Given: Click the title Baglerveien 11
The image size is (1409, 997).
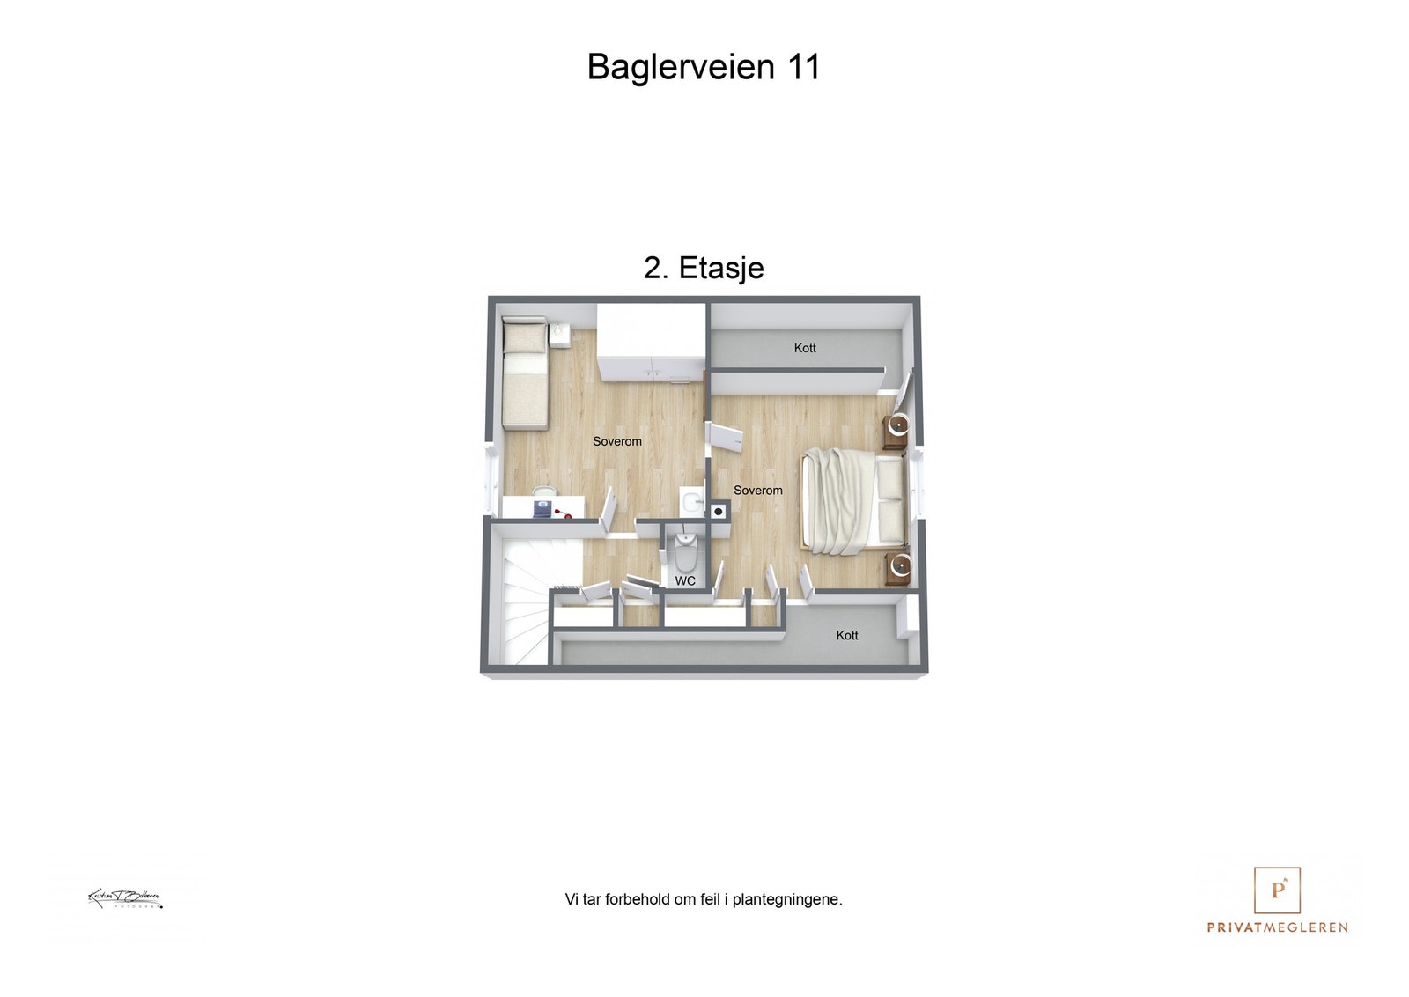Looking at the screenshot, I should point(704,67).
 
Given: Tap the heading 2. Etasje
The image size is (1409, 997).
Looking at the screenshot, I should point(704,268).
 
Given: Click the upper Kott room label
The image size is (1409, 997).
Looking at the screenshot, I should point(805,348).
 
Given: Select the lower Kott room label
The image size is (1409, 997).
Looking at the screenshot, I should point(846,635).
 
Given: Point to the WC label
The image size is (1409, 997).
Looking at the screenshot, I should point(685,581).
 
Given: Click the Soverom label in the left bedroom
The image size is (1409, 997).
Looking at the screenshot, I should point(616,441).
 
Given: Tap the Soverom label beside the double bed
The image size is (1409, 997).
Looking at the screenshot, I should point(757,491).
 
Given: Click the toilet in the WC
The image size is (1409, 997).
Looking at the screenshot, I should point(685,552).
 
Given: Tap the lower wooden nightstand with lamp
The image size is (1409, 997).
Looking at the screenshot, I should point(896,566).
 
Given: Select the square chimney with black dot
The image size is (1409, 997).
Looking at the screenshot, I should point(719,512).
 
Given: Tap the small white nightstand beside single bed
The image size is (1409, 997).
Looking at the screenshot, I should point(559,335).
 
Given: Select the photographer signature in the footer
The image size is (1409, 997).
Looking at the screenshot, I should point(125,899).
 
